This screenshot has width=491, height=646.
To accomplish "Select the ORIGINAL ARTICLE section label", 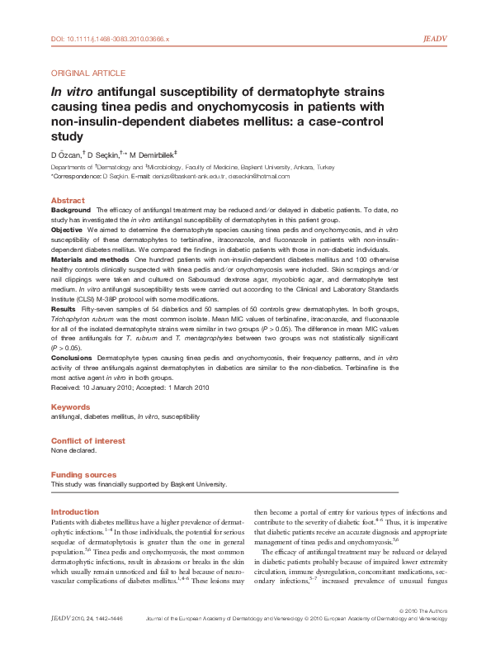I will click(88, 73).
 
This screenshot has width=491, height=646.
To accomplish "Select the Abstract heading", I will click(68, 201).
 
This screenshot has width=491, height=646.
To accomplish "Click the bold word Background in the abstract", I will click(71, 211).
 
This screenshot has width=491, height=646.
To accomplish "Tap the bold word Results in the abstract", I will click(64, 307).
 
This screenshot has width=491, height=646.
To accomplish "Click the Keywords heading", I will click(71, 407).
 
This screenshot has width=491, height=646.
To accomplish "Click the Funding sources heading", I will click(83, 474).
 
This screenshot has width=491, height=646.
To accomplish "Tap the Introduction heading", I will click(74, 512).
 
